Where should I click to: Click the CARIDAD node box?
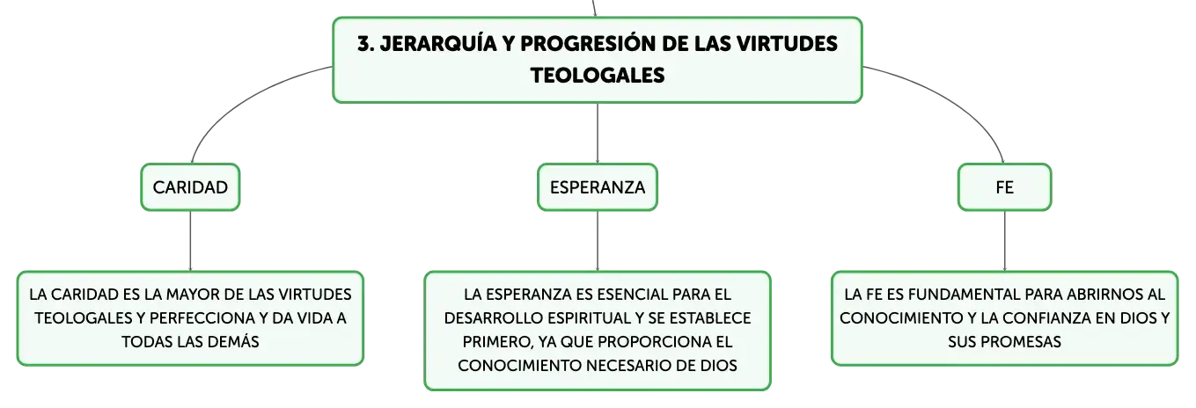pyautogui.click(x=190, y=187)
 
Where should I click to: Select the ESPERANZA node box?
pyautogui.click(x=597, y=187)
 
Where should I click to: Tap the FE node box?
pyautogui.click(x=1004, y=187)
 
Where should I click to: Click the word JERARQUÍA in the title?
pyautogui.click(x=438, y=44)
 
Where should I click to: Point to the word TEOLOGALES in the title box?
pyautogui.click(x=598, y=76)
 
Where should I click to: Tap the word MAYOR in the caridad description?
pyautogui.click(x=187, y=295)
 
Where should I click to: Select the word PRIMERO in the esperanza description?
pyautogui.click(x=497, y=342)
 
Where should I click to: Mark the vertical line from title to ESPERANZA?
pyautogui.click(x=597, y=133)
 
